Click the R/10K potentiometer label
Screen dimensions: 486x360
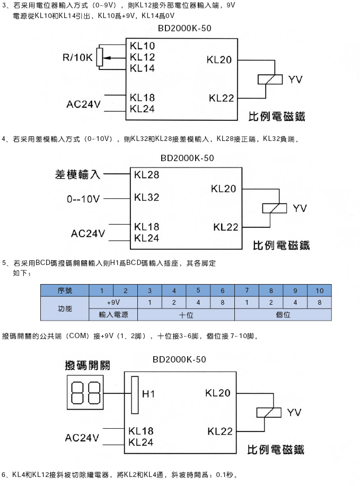click(x=77, y=57)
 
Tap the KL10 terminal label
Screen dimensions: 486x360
click(x=142, y=47)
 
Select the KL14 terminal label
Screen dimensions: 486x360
click(x=142, y=68)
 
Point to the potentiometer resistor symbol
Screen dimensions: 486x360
click(x=100, y=57)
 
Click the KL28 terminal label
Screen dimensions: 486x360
click(x=147, y=174)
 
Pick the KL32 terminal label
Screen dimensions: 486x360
click(x=147, y=197)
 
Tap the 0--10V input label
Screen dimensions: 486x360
click(x=83, y=199)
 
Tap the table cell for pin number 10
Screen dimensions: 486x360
click(x=319, y=291)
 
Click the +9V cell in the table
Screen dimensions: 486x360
click(x=113, y=303)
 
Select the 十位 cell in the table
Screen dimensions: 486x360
click(x=186, y=314)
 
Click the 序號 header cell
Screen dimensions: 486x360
click(x=65, y=291)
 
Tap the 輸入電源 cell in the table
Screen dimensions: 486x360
click(x=113, y=314)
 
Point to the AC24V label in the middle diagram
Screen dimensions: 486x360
click(x=89, y=233)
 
